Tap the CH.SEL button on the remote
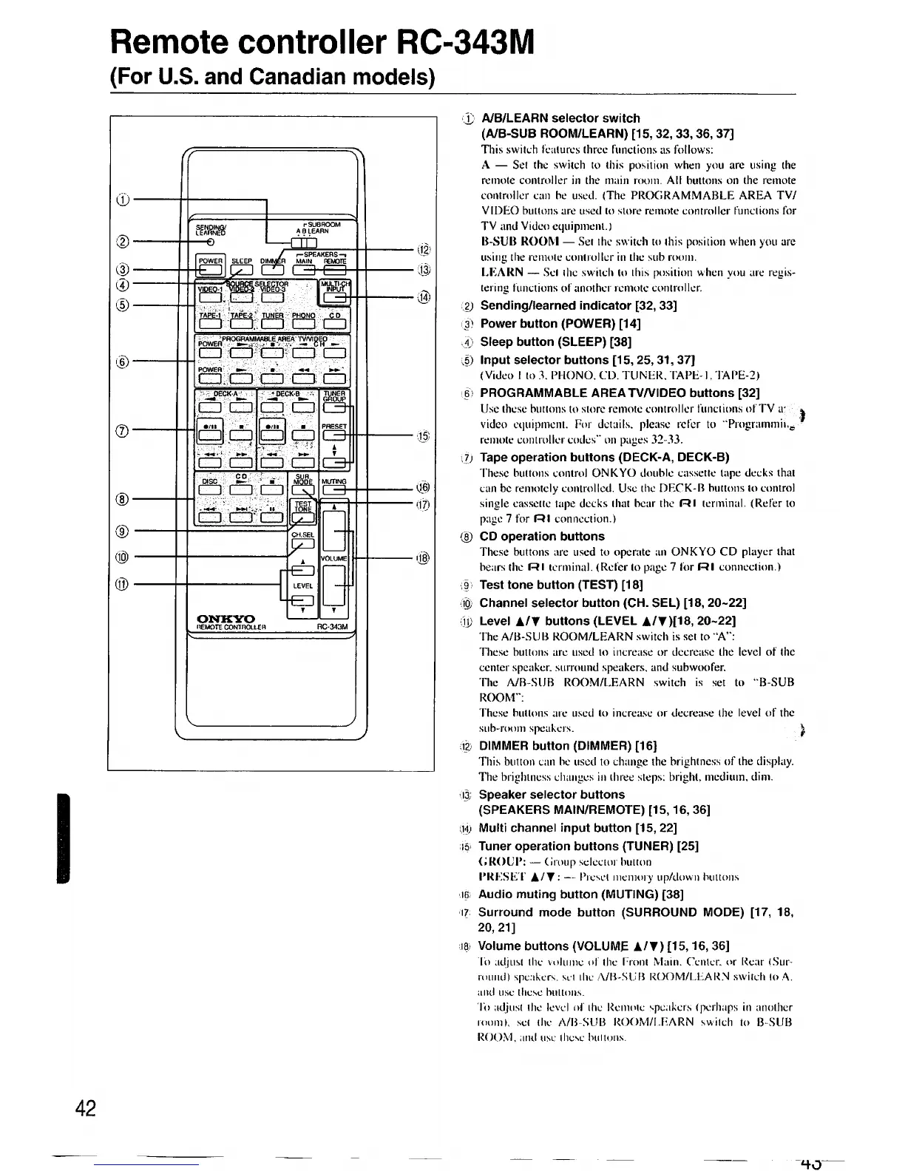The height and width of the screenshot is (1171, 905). pyautogui.click(x=303, y=546)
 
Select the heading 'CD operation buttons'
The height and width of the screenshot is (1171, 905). pyautogui.click(x=542, y=536)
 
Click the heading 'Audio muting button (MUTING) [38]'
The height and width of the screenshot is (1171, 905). pyautogui.click(x=580, y=894)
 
